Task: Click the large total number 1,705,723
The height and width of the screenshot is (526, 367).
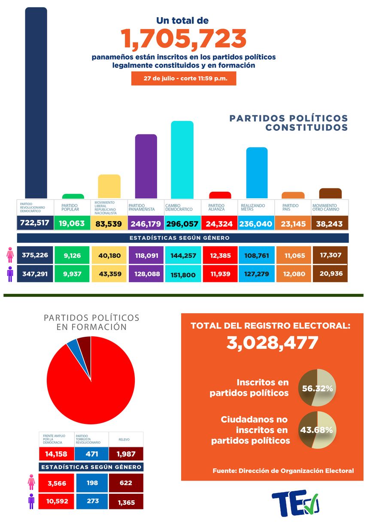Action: pyautogui.click(x=184, y=39)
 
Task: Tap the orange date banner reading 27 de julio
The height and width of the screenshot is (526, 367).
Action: pyautogui.click(x=184, y=79)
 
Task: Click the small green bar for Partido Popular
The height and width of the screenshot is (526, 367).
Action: pyautogui.click(x=73, y=196)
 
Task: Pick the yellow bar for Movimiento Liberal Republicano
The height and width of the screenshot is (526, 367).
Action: pyautogui.click(x=109, y=186)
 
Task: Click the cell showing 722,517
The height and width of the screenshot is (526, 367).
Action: pyautogui.click(x=35, y=224)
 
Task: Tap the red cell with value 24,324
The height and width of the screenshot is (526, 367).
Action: pyautogui.click(x=219, y=224)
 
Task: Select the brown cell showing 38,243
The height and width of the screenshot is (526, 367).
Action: pyautogui.click(x=330, y=224)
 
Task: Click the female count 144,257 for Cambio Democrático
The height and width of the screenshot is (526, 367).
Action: pyautogui.click(x=182, y=255)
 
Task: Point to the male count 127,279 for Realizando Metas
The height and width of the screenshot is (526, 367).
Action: pyautogui.click(x=256, y=273)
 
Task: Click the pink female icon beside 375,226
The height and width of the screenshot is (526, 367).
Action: pyautogui.click(x=9, y=255)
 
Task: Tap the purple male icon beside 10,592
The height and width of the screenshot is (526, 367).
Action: pyautogui.click(x=31, y=501)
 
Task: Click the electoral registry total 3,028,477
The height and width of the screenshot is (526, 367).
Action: pyautogui.click(x=272, y=343)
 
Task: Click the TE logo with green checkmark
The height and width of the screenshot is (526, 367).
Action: pyautogui.click(x=295, y=502)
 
